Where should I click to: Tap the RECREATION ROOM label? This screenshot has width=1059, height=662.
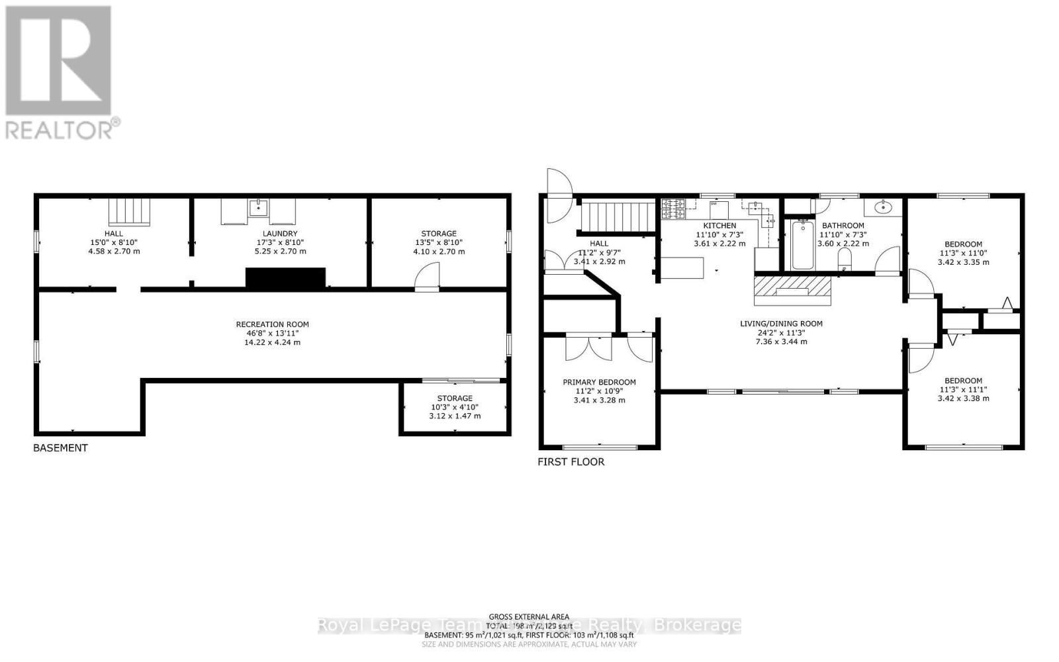pyautogui.click(x=272, y=324)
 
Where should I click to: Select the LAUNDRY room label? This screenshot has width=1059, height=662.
pyautogui.click(x=280, y=234)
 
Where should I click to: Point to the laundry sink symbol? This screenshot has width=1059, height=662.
pyautogui.click(x=258, y=208)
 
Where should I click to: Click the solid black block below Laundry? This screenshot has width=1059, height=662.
pyautogui.click(x=285, y=278)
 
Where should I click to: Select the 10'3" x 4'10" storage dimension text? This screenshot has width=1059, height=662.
pyautogui.click(x=455, y=407)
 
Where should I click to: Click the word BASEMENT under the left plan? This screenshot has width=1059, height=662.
pyautogui.click(x=60, y=448)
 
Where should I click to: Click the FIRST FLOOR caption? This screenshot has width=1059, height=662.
pyautogui.click(x=571, y=462)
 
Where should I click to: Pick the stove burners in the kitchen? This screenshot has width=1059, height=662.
pyautogui.click(x=673, y=209)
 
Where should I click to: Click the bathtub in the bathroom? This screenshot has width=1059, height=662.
pyautogui.click(x=803, y=245)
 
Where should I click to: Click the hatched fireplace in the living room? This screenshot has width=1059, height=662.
pyautogui.click(x=792, y=289)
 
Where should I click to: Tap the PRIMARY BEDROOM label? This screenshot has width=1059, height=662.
pyautogui.click(x=599, y=382)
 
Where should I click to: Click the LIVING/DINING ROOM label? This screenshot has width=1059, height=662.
pyautogui.click(x=781, y=324)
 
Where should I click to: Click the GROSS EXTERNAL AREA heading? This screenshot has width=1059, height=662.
pyautogui.click(x=529, y=617)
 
